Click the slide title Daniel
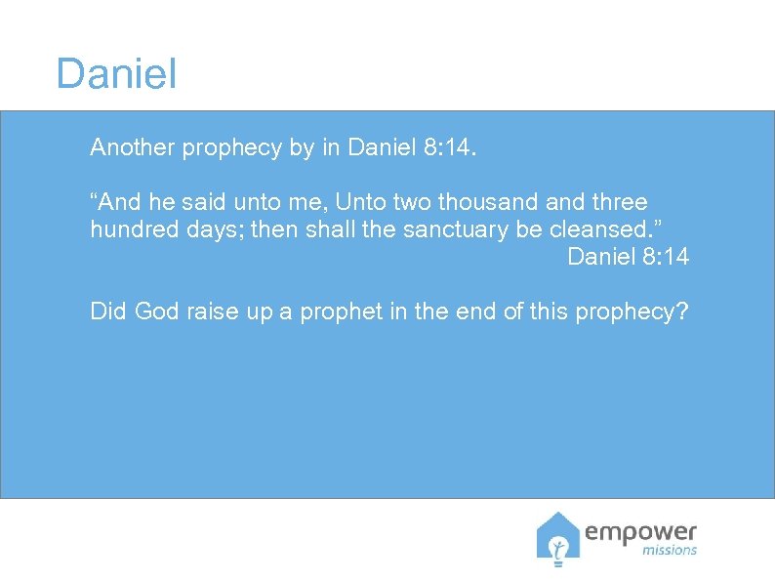point(116,74)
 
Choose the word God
point(156,312)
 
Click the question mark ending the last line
point(682,312)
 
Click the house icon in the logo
point(557,539)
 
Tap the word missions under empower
point(671,550)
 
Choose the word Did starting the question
point(108,312)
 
